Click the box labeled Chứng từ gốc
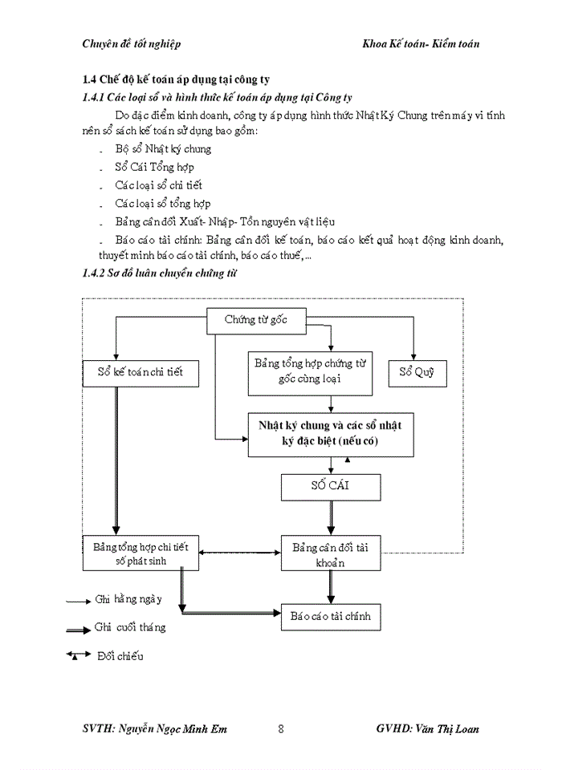coord(256,321)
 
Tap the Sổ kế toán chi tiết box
coord(140,373)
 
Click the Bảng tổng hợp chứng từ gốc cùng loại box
coord(310,371)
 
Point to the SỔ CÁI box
coord(330,487)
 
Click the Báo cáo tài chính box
coord(330,617)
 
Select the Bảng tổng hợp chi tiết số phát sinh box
coord(140,553)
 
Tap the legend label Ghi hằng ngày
coord(128,599)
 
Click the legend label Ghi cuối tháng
coord(130,627)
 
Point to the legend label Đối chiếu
coord(120,657)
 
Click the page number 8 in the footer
coord(280,729)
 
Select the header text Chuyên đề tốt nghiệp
coord(132,43)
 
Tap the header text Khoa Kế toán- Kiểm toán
coord(421,43)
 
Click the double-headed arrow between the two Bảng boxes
coord(239,553)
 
